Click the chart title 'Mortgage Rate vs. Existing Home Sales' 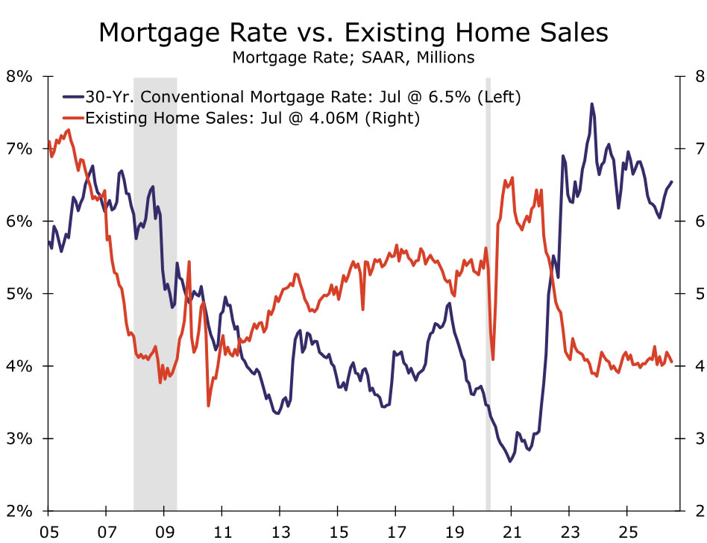[353, 33]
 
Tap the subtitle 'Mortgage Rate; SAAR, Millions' [353, 57]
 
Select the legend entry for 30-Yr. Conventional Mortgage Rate [292, 96]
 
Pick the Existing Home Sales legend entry [241, 118]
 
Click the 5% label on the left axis [19, 294]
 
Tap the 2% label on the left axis [19, 511]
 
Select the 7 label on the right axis [700, 149]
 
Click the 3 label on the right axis [700, 439]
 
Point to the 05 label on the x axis [48, 532]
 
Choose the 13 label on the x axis [280, 532]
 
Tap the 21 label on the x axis [512, 532]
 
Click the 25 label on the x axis [627, 532]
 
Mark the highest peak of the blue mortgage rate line [592, 104]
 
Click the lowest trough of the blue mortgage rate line [510, 462]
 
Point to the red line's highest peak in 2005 [69, 130]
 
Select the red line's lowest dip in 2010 [208, 406]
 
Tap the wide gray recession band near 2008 [155, 294]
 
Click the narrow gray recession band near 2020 [488, 294]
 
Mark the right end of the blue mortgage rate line [672, 182]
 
